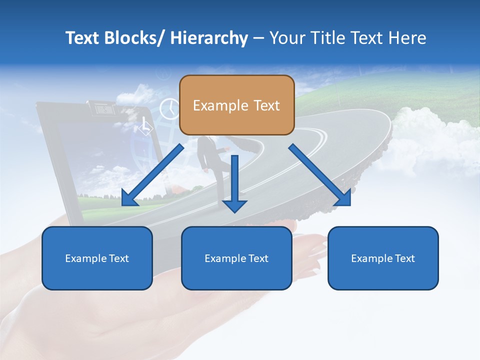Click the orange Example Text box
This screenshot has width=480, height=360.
(x=236, y=105)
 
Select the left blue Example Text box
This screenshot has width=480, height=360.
(x=97, y=258)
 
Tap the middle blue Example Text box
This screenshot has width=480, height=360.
(x=236, y=258)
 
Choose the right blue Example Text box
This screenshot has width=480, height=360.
(x=383, y=258)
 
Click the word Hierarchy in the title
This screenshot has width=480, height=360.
(x=209, y=38)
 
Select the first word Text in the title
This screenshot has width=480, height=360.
(x=81, y=38)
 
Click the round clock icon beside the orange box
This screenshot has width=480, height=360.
(x=169, y=108)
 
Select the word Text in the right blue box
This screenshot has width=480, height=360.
(x=404, y=258)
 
